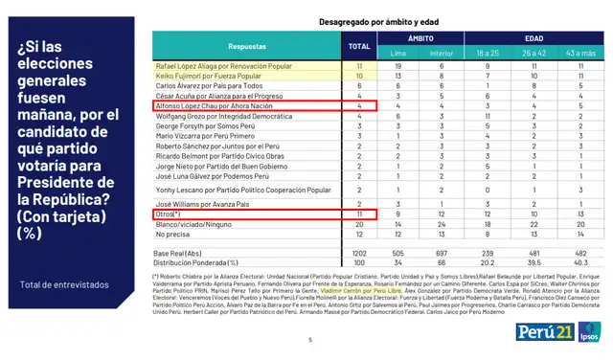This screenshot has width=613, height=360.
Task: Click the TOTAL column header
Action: pyautogui.click(x=359, y=45)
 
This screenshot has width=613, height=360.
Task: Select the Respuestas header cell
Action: pyautogui.click(x=247, y=45)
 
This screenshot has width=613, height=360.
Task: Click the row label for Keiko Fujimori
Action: pyautogui.click(x=207, y=75)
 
